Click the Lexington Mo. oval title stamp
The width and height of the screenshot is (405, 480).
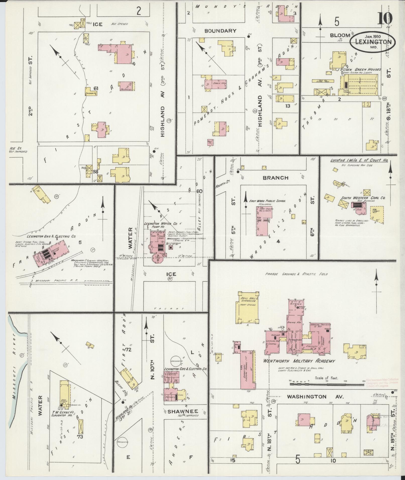point(372,42)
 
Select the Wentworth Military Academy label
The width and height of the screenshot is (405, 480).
point(299,361)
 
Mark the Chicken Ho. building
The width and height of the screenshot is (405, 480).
point(91,92)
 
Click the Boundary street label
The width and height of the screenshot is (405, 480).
point(220,31)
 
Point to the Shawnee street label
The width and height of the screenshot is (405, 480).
point(183,411)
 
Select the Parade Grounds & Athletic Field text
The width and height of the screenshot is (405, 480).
point(296,274)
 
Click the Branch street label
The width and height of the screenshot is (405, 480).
point(275,178)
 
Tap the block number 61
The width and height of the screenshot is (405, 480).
point(96,88)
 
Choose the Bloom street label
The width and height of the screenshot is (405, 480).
point(340,35)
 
